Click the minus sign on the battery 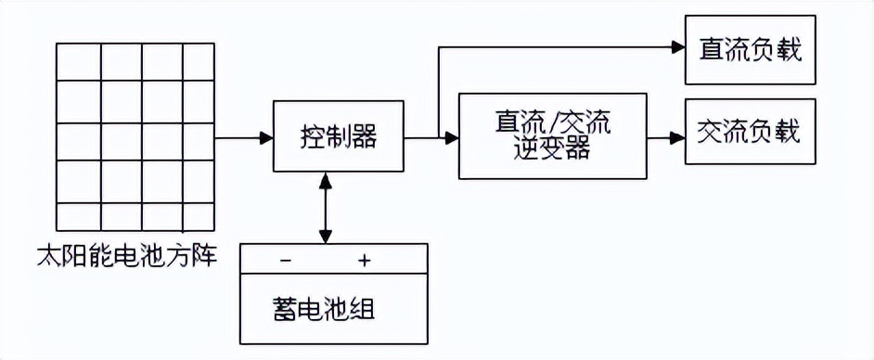(285, 261)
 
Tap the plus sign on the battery (365, 261)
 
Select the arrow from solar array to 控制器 (244, 138)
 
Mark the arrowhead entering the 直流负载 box (677, 49)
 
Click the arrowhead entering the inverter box (452, 138)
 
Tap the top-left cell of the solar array (79, 61)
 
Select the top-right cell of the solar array (199, 61)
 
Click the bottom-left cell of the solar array (79, 215)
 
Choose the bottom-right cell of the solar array (199, 215)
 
